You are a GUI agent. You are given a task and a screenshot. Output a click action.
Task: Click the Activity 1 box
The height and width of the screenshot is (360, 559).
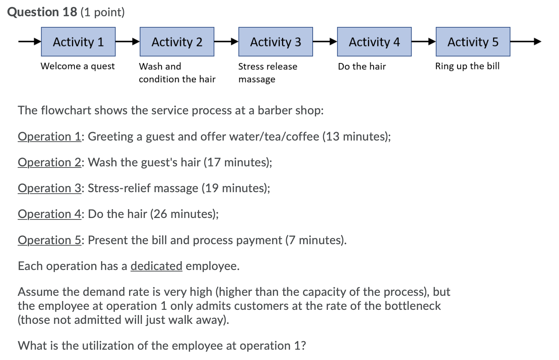(x=78, y=42)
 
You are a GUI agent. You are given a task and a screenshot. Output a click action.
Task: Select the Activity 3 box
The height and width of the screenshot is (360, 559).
(x=275, y=42)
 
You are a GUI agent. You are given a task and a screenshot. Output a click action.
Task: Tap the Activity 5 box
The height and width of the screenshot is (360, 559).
(x=473, y=42)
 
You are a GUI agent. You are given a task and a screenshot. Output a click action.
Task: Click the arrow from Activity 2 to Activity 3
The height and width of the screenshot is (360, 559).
(x=226, y=42)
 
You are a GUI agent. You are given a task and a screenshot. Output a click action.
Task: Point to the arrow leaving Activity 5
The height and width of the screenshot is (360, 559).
(x=525, y=42)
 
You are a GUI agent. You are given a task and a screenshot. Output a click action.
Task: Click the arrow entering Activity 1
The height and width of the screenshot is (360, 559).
(x=29, y=42)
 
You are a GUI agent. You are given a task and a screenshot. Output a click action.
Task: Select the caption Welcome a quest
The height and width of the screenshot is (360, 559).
(x=77, y=66)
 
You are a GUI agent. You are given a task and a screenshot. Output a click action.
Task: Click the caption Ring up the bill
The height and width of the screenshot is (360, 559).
(x=467, y=66)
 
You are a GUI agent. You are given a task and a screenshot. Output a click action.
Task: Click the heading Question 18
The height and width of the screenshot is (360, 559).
(x=42, y=12)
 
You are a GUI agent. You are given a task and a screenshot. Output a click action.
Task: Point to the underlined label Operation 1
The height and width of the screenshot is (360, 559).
(x=49, y=136)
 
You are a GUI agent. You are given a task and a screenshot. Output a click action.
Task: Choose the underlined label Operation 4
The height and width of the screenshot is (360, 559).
(x=49, y=214)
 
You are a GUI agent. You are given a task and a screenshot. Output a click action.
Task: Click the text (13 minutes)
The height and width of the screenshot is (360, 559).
(x=356, y=136)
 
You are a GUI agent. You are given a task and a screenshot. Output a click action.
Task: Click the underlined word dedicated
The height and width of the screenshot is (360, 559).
(x=156, y=266)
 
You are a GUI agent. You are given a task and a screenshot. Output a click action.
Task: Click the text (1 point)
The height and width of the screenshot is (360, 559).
(x=103, y=12)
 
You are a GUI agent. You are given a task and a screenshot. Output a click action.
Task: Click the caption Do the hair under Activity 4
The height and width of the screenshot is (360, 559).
(x=362, y=66)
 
